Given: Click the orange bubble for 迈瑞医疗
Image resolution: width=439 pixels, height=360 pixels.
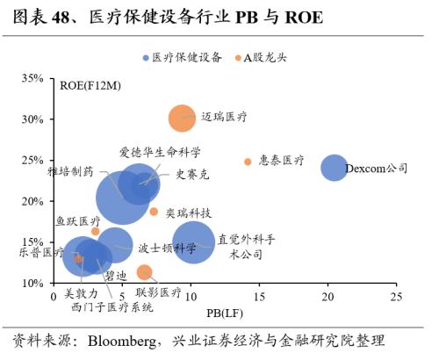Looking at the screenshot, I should click(x=182, y=118).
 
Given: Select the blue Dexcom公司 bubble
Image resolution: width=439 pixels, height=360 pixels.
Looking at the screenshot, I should click(x=334, y=167).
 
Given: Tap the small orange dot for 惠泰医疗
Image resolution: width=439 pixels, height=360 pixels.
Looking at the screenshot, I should click(x=248, y=162).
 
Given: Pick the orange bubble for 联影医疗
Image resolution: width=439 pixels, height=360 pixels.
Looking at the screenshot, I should click(x=145, y=272).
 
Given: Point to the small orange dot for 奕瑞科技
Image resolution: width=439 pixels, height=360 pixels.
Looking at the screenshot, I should click(x=154, y=212).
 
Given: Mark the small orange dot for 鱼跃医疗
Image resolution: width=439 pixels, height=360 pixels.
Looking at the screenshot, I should click(x=96, y=232).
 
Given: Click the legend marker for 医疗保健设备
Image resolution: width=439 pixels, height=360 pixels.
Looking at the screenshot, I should click(x=146, y=57).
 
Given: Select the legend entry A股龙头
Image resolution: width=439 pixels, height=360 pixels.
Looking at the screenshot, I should click(x=263, y=57).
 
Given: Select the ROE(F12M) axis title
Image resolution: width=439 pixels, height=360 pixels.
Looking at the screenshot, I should click(x=91, y=85).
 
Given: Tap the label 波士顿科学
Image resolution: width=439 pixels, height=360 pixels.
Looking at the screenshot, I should click(x=167, y=248).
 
